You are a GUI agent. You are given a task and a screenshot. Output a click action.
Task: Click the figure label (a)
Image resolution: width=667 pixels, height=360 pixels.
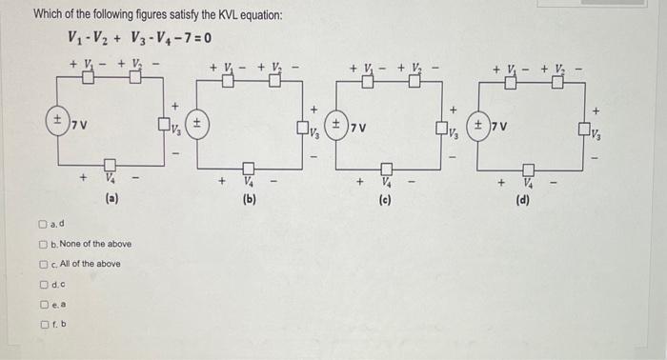[111, 200]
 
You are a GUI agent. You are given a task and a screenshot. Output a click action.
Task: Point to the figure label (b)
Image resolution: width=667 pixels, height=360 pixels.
[250, 201]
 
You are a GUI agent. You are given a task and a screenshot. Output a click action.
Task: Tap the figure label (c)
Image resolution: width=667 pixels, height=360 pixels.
[386, 201]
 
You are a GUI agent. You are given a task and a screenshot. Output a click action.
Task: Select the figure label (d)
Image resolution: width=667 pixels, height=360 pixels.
[523, 201]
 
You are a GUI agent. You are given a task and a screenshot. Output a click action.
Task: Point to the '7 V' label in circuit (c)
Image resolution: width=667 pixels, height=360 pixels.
[358, 127]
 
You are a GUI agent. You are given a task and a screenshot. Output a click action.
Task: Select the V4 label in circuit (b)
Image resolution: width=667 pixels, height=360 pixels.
[249, 180]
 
